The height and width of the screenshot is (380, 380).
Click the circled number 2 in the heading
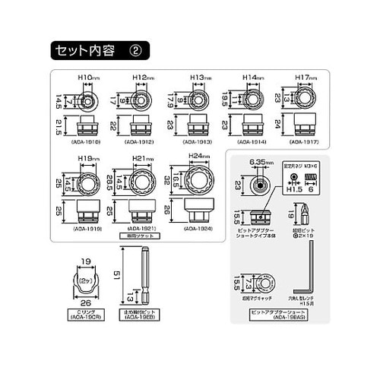point(136,51)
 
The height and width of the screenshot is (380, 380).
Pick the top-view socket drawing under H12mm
point(141,98)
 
